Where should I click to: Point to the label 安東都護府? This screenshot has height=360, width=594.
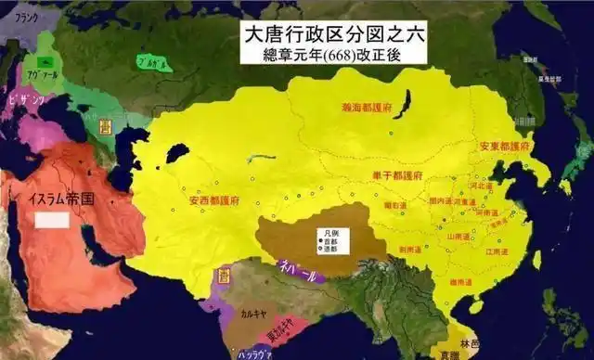pos(504,148)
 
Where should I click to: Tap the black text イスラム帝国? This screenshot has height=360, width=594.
pos(61,199)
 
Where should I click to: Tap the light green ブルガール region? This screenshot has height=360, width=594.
pos(145,65)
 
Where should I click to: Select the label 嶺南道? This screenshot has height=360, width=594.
pos(460,281)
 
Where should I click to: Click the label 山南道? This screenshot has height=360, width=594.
pos(456,238)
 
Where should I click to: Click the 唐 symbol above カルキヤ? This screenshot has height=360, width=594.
pos(223,276)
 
